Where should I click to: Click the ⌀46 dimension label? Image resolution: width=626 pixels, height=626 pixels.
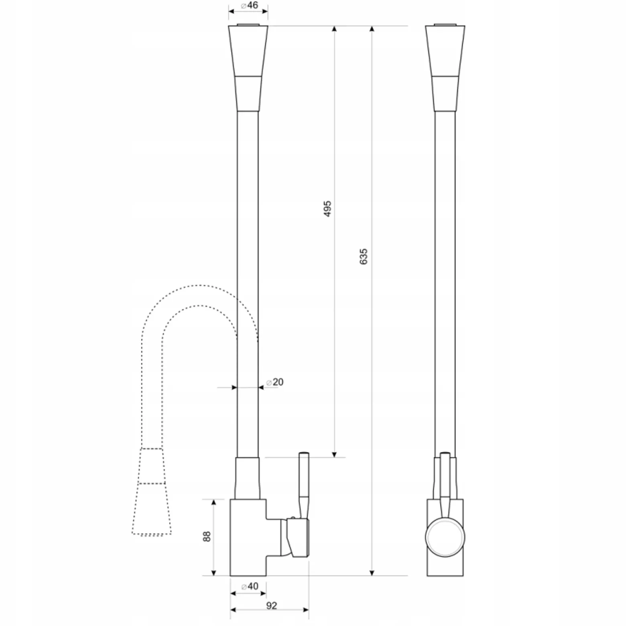pos(249,6)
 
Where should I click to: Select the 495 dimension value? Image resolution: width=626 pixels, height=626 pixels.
pos(327,209)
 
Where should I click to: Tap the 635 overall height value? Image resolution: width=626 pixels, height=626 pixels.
pos(363,256)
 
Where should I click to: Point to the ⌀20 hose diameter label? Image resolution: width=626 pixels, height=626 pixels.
pos(274,382)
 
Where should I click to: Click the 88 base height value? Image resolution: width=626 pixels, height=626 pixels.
pos(207,537)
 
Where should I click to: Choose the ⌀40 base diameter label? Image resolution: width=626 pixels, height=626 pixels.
pos(250,586)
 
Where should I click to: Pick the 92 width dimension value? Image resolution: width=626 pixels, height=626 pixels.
pos(272,606)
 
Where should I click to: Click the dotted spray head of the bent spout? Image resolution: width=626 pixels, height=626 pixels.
pos(152,491)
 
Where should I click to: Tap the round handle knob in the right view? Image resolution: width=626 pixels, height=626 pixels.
pos(445,537)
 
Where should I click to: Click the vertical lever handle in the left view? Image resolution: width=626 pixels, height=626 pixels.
pos(304,485)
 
